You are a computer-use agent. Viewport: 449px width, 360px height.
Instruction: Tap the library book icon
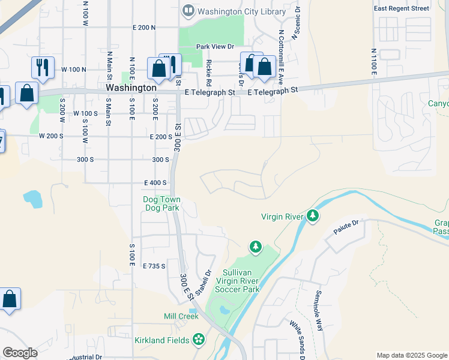pyautogui.click(x=189, y=10)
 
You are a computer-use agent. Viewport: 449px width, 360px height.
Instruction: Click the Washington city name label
pyautogui.click(x=131, y=88)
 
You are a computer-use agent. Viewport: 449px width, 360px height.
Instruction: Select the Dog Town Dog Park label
pyautogui.click(x=162, y=203)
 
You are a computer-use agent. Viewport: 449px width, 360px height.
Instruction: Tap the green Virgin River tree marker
pyautogui.click(x=312, y=215)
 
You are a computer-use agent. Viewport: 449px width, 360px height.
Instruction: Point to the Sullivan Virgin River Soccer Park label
pyautogui.click(x=242, y=280)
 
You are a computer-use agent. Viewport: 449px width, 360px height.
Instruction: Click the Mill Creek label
pyautogui.click(x=181, y=316)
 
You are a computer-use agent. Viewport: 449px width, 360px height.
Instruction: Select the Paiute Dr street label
pyautogui.click(x=347, y=223)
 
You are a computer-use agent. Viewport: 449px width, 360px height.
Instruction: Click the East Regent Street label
pyautogui.click(x=409, y=8)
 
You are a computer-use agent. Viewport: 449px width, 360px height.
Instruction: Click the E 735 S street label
pyautogui.click(x=154, y=265)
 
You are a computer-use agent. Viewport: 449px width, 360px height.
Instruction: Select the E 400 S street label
pyautogui.click(x=155, y=182)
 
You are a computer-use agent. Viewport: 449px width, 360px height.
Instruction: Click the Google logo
pyautogui.click(x=20, y=353)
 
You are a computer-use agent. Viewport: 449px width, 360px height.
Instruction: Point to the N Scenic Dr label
pyautogui.click(x=295, y=26)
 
